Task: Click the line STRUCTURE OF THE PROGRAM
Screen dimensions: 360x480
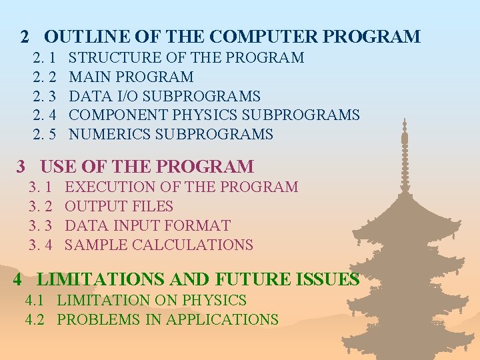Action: [x=187, y=57]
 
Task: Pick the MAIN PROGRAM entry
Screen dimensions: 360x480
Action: [x=131, y=77]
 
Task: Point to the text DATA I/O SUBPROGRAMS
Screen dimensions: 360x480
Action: [x=165, y=96]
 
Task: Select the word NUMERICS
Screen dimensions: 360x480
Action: [x=110, y=135]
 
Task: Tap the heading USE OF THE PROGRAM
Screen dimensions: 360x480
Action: [x=147, y=167]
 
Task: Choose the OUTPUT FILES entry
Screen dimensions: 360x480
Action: [x=119, y=206]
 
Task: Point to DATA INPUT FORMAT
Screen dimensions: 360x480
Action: [x=147, y=225]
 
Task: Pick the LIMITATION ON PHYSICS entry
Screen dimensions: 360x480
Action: [x=151, y=301]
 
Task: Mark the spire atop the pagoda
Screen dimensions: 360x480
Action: [x=404, y=137]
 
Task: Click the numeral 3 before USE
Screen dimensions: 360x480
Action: [x=20, y=167]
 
